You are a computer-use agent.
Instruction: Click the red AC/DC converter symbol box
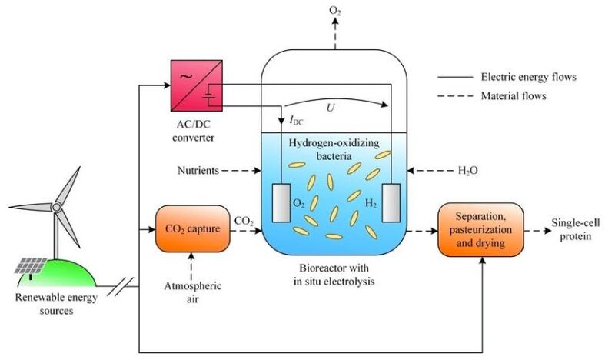(x=197, y=85)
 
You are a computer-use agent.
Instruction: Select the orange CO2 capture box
(x=193, y=228)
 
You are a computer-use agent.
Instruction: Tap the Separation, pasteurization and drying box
(x=480, y=230)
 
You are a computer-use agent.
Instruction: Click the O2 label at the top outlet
(x=335, y=11)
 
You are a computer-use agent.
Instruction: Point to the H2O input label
(x=468, y=171)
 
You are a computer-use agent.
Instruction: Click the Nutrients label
(x=198, y=170)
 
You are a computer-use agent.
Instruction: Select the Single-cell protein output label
(x=575, y=230)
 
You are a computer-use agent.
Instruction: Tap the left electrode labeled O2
(x=281, y=202)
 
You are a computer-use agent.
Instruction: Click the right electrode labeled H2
(x=391, y=202)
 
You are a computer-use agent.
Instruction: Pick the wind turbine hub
(x=56, y=206)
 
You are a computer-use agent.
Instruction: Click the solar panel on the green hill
(x=31, y=266)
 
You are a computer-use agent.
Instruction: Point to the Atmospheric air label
(x=193, y=292)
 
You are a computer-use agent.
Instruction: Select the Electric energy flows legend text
(x=529, y=77)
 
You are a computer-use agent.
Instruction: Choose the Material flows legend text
(x=514, y=96)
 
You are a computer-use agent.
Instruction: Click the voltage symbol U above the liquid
(x=331, y=108)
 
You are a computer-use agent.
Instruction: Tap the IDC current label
(x=297, y=121)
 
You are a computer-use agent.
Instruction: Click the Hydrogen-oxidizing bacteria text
(x=334, y=149)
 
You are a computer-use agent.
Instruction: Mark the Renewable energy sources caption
(x=56, y=304)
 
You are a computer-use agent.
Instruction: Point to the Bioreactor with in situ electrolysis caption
(x=334, y=275)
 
